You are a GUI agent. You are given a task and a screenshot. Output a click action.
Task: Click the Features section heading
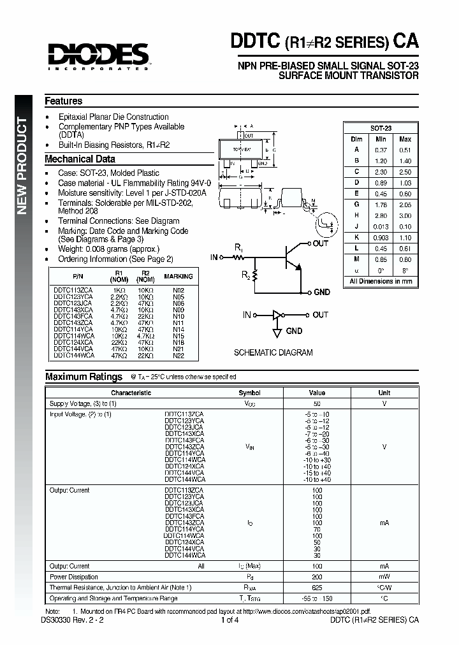(x=63, y=101)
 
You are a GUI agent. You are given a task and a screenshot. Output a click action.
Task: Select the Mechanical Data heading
(x=80, y=159)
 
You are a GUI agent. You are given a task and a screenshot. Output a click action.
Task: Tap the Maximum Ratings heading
(x=84, y=377)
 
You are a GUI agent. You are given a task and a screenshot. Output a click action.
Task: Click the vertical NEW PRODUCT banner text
(x=22, y=166)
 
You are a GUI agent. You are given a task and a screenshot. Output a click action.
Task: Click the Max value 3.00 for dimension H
(x=405, y=215)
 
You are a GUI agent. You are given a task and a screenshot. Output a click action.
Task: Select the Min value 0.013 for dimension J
(x=381, y=226)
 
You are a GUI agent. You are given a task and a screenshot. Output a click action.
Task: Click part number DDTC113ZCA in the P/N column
(x=73, y=290)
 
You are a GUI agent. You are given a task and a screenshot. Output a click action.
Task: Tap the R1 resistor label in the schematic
(x=238, y=247)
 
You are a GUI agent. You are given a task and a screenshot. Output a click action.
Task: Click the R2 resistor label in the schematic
(x=245, y=275)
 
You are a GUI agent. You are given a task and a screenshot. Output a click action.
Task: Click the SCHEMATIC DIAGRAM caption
(x=273, y=352)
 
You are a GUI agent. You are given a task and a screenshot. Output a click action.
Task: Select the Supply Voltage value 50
(x=317, y=404)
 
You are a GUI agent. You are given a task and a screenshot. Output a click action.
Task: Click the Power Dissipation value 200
(x=317, y=576)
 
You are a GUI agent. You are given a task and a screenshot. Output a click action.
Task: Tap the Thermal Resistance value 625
(x=317, y=587)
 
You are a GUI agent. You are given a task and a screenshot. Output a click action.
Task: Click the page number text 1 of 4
(x=230, y=620)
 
